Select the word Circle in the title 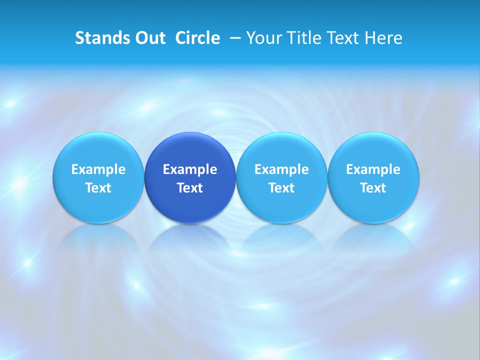(197, 38)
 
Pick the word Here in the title (383, 38)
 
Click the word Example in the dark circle (190, 169)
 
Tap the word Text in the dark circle (190, 188)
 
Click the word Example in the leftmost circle (98, 169)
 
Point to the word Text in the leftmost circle (98, 188)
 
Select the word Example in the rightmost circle (373, 169)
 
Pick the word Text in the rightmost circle (373, 188)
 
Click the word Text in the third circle (281, 188)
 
